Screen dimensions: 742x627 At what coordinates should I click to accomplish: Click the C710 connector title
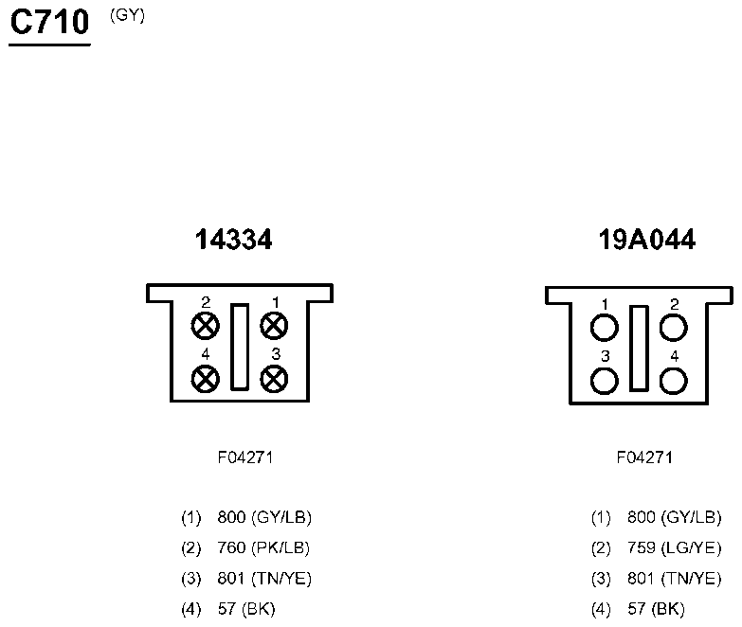pyautogui.click(x=49, y=22)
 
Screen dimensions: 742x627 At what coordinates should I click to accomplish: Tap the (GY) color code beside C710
pyautogui.click(x=127, y=15)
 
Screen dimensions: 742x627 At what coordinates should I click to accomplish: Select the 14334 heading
pyautogui.click(x=234, y=240)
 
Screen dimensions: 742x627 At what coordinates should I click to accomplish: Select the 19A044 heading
pyautogui.click(x=647, y=240)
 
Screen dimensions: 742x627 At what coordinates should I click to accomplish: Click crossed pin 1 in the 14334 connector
pyautogui.click(x=274, y=325)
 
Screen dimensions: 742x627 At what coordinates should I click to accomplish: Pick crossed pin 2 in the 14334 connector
pyautogui.click(x=206, y=325)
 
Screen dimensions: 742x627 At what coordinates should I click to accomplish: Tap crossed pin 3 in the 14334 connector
pyautogui.click(x=274, y=379)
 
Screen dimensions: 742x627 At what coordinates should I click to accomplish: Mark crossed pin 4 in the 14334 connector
pyautogui.click(x=206, y=379)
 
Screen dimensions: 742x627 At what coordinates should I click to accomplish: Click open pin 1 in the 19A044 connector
pyautogui.click(x=605, y=327)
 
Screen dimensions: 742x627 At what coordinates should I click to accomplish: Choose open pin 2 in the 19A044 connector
pyautogui.click(x=674, y=327)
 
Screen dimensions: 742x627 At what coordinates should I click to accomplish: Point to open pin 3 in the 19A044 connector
pyautogui.click(x=605, y=381)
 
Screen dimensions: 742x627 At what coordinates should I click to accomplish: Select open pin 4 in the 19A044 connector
pyautogui.click(x=674, y=381)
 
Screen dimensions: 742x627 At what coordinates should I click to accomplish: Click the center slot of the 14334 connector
pyautogui.click(x=240, y=347)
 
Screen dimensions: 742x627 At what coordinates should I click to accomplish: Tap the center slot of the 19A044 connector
pyautogui.click(x=639, y=349)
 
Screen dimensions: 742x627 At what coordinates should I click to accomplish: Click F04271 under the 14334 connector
pyautogui.click(x=245, y=457)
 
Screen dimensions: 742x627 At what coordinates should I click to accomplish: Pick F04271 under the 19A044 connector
pyautogui.click(x=644, y=457)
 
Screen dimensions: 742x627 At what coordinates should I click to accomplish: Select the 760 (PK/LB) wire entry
pyautogui.click(x=263, y=547)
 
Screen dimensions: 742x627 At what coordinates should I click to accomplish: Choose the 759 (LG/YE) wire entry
pyautogui.click(x=675, y=547)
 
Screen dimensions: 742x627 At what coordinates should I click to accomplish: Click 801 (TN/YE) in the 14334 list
pyautogui.click(x=264, y=579)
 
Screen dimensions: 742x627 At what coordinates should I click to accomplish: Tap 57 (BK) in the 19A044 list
pyautogui.click(x=656, y=609)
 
